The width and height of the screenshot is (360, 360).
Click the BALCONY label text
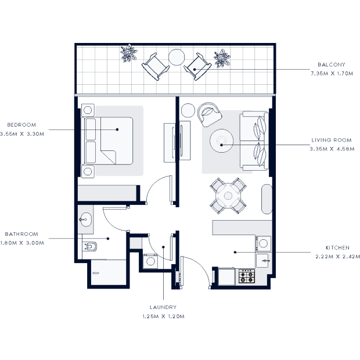(x=332, y=65)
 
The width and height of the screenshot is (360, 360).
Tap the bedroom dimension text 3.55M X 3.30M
(x=22, y=134)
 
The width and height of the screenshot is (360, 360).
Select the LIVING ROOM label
(x=332, y=140)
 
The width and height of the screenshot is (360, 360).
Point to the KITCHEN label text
(x=337, y=248)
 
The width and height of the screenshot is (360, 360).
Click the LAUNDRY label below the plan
(x=163, y=307)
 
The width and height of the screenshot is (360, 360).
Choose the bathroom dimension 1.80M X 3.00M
(x=22, y=243)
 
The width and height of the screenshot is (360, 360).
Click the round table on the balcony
(x=177, y=57)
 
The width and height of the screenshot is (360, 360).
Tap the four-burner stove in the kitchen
(x=247, y=276)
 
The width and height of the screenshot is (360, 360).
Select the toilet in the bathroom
(x=90, y=247)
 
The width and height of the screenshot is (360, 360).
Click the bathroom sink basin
(x=85, y=219)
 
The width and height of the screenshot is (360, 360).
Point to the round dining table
(x=228, y=196)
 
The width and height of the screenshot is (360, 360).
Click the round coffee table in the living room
(x=222, y=141)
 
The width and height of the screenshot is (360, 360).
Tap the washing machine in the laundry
(x=150, y=261)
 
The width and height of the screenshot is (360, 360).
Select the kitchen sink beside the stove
(x=262, y=261)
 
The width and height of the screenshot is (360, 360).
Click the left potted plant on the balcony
(x=129, y=53)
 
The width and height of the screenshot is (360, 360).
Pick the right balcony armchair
(x=197, y=67)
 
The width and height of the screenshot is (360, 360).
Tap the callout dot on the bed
(x=117, y=129)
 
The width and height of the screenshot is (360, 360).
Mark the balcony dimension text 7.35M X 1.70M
(x=332, y=74)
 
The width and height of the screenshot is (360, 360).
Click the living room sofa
(x=254, y=141)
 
